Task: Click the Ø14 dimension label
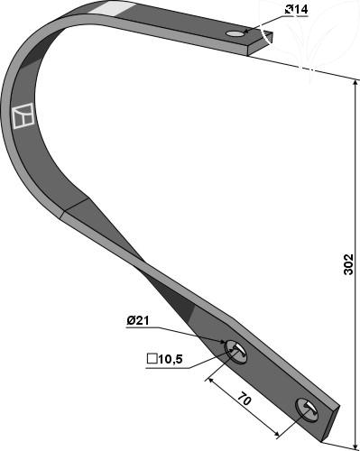tap(296, 10)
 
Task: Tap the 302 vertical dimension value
tap(348, 264)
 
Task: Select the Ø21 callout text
tap(138, 320)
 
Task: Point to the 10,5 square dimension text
tap(171, 359)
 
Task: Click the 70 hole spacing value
tap(245, 400)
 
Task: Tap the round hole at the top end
tap(235, 33)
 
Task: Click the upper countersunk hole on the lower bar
tap(236, 352)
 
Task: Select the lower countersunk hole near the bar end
tap(307, 410)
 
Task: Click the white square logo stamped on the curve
tap(23, 115)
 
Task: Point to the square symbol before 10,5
tap(152, 359)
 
